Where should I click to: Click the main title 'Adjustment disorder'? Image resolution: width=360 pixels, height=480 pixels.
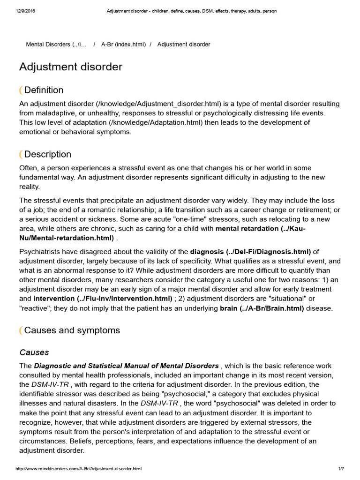(71, 67)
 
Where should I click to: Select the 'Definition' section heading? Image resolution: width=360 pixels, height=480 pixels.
(44, 90)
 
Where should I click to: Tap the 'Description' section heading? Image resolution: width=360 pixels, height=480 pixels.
(47, 154)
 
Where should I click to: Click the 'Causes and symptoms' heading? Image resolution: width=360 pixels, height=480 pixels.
(72, 330)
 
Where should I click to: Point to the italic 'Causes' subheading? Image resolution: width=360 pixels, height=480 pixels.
(34, 352)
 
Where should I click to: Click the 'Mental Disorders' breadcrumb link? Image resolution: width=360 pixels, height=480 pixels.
(56, 45)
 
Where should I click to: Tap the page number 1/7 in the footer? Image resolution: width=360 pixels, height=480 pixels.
(341, 469)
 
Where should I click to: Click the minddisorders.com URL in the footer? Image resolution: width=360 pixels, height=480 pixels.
(79, 469)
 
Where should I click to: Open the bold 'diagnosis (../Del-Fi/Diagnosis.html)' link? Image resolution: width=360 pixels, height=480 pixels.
(250, 252)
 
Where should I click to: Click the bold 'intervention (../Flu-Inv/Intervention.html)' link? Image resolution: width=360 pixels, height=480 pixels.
(103, 299)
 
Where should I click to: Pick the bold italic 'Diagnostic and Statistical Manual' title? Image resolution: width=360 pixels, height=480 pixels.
(126, 366)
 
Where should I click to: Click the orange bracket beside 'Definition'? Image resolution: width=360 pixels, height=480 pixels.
(21, 90)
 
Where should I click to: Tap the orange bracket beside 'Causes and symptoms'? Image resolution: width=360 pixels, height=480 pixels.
(21, 331)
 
